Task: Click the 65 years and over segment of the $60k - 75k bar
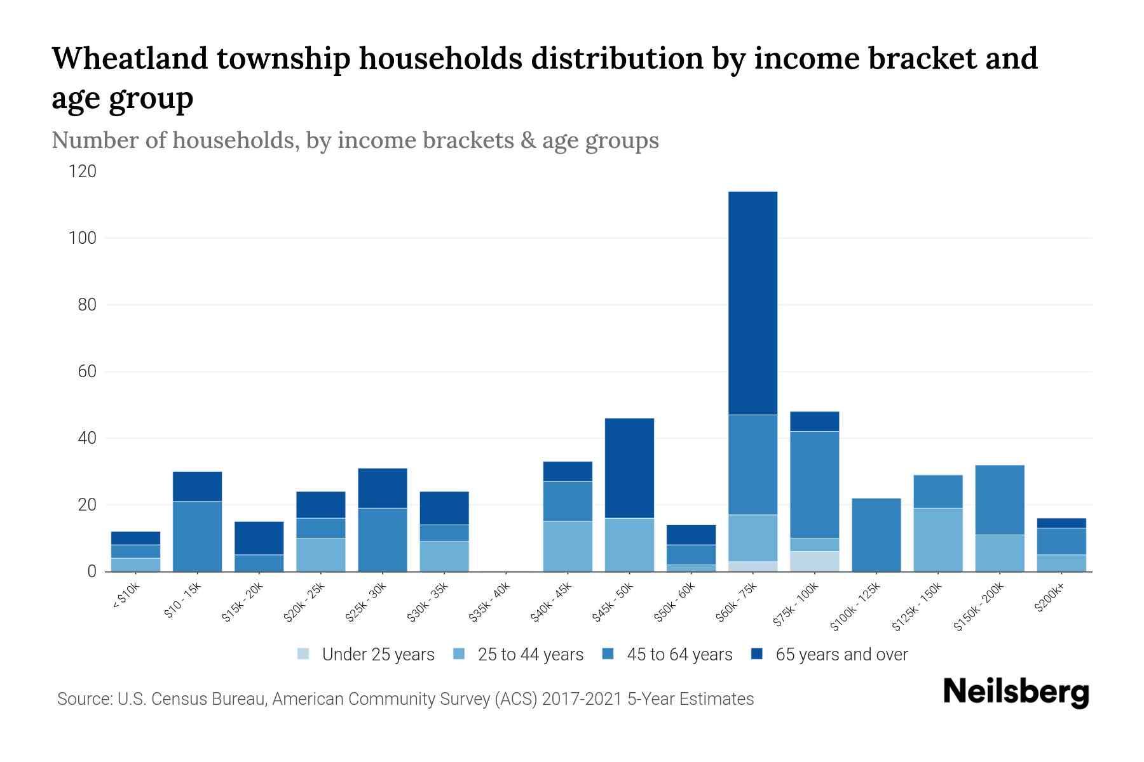(752, 303)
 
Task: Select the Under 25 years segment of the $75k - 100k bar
(814, 561)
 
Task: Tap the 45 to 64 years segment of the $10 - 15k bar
(197, 537)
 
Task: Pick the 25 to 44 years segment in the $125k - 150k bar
(937, 540)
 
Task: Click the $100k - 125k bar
(876, 535)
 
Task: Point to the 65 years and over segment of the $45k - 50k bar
(629, 468)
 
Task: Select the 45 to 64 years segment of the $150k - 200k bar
(999, 500)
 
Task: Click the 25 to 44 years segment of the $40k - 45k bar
(568, 546)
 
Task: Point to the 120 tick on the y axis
(83, 171)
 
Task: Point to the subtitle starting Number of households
(355, 140)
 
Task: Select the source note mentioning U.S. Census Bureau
(405, 699)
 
